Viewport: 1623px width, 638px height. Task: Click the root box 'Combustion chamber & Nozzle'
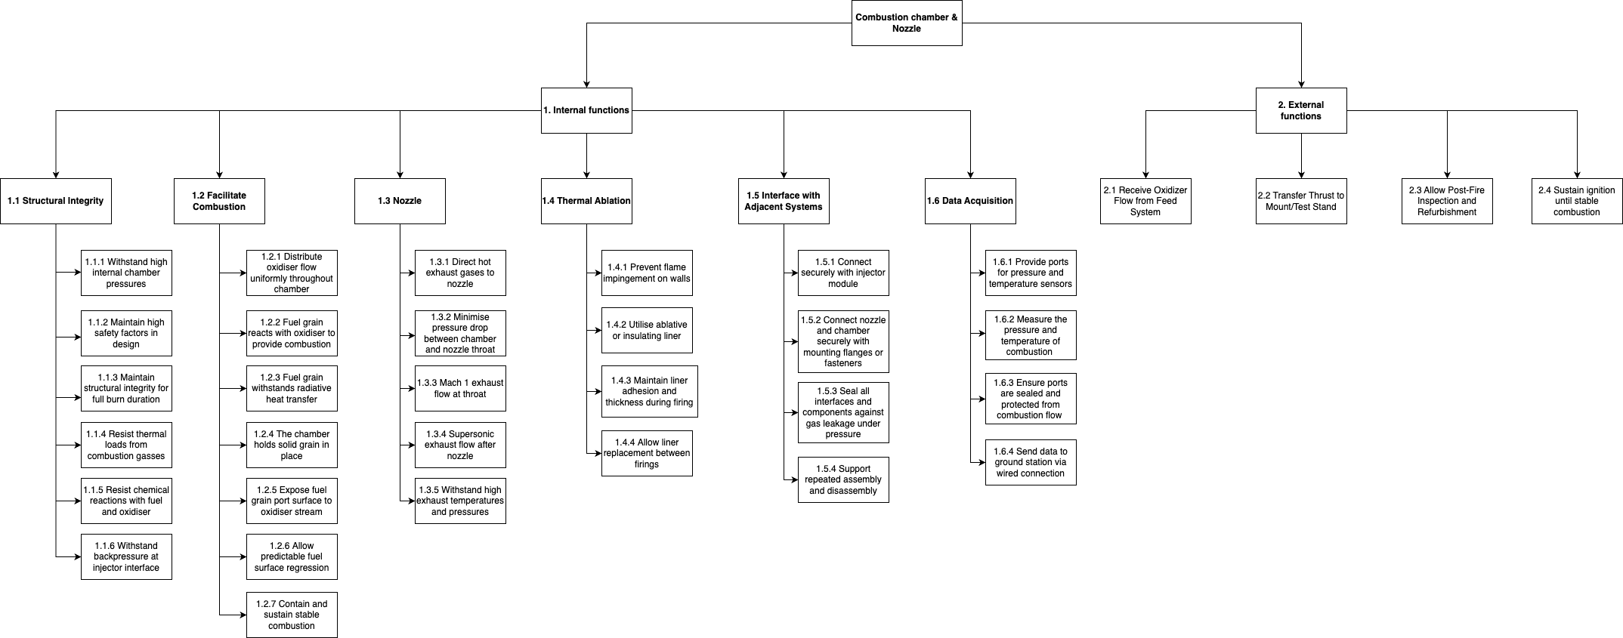tap(907, 23)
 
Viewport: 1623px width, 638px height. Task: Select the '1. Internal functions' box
tap(586, 110)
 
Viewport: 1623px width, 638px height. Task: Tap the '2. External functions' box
tap(1301, 110)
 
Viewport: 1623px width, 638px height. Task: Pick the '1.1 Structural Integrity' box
tap(56, 201)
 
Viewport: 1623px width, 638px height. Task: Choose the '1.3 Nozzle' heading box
tap(400, 201)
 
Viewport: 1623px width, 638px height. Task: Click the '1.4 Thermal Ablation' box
tap(586, 201)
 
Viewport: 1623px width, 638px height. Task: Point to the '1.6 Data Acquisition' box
tap(970, 201)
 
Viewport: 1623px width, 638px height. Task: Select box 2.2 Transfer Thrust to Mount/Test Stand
tap(1301, 201)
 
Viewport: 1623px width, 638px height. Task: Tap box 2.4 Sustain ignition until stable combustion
tap(1577, 201)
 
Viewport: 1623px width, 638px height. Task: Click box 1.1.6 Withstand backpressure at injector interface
tap(126, 556)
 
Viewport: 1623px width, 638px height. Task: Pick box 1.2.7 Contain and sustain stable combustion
tap(292, 615)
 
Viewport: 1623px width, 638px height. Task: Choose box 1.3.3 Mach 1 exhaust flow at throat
tap(460, 388)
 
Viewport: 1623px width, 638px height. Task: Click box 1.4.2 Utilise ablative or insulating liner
tap(647, 330)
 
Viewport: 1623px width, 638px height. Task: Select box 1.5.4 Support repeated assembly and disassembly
tap(843, 479)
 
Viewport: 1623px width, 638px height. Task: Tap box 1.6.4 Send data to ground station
tap(1031, 462)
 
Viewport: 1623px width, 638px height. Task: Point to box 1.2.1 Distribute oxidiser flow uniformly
tap(292, 273)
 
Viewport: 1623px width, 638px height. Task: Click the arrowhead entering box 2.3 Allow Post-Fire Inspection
tap(1448, 174)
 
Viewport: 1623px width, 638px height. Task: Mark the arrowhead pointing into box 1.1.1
tap(77, 273)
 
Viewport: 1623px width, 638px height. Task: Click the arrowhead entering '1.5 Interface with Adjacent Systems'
tap(784, 174)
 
